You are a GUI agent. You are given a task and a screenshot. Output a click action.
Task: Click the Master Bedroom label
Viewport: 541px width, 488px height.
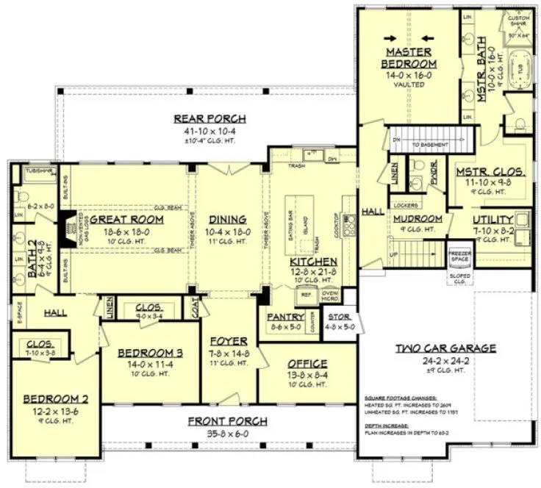coord(409,57)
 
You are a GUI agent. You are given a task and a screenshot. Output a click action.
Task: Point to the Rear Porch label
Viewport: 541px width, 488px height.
coord(209,119)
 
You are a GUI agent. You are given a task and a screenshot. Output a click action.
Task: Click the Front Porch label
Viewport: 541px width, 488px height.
coord(226,421)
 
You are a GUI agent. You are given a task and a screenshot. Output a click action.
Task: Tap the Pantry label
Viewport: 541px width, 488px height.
coord(285,317)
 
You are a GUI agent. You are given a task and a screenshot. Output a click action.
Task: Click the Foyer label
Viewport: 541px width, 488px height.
coord(228,341)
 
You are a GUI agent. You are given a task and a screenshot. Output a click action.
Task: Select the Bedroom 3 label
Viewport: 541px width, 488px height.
coord(151,353)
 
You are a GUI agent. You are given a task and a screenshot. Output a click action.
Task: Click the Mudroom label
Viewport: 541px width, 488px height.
coord(417,218)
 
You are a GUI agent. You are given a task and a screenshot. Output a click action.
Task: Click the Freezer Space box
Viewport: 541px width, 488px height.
coord(459,256)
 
